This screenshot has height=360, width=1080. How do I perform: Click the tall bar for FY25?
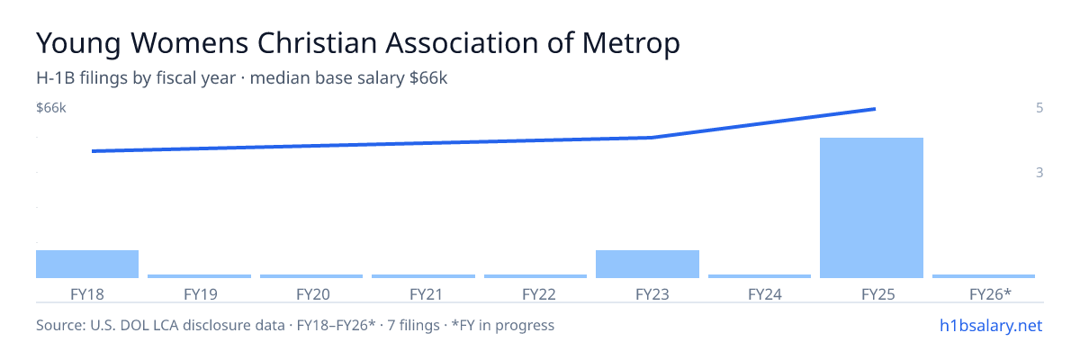click(x=871, y=208)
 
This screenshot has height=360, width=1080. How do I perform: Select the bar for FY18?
click(x=87, y=264)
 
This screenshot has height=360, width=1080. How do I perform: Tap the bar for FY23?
click(x=647, y=264)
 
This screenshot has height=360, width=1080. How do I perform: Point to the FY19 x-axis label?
click(x=200, y=294)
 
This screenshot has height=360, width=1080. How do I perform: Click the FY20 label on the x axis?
click(x=313, y=294)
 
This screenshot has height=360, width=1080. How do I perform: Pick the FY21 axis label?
click(x=426, y=294)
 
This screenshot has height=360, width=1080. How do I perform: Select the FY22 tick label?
click(x=538, y=294)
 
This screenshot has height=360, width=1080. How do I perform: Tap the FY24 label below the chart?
click(x=765, y=294)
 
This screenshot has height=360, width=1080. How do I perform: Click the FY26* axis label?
click(x=990, y=293)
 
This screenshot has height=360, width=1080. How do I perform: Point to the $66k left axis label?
click(x=51, y=108)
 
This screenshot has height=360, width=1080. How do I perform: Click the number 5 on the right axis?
click(x=1039, y=108)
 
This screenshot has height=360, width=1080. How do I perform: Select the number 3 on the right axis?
click(x=1039, y=173)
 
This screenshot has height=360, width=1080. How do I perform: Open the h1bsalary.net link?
click(x=991, y=325)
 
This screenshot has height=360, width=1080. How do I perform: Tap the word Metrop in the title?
click(x=631, y=44)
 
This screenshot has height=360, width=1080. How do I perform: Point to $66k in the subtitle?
click(x=428, y=78)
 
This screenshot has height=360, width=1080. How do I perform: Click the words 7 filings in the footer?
click(x=413, y=325)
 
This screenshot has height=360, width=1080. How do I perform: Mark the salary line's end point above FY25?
click(x=875, y=109)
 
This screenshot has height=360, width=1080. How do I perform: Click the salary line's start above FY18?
click(x=93, y=151)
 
